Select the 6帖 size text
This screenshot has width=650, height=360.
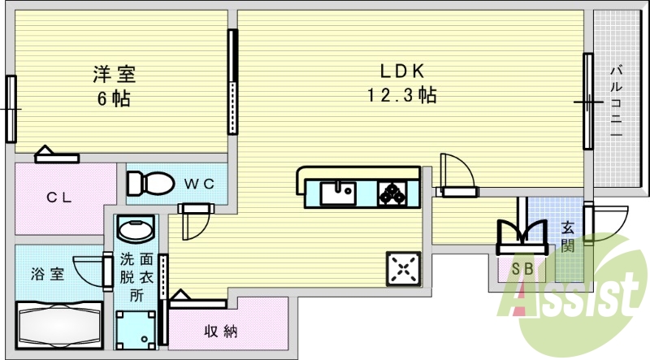(113, 99)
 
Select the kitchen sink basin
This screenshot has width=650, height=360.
(336, 193)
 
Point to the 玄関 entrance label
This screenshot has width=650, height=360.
(567, 237)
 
